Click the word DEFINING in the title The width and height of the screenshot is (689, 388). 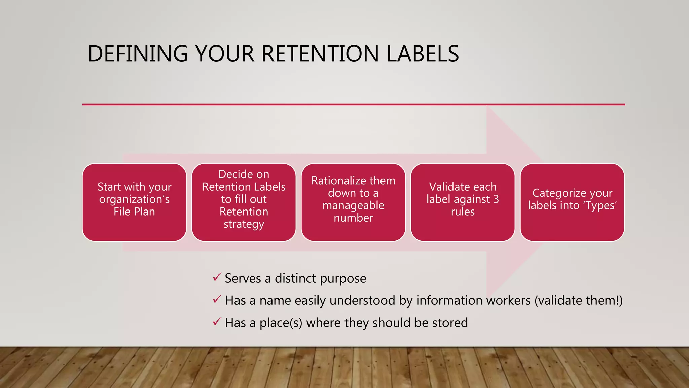pyautogui.click(x=138, y=54)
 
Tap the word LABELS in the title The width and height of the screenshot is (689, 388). pyautogui.click(x=423, y=54)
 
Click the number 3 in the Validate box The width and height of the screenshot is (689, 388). pyautogui.click(x=496, y=199)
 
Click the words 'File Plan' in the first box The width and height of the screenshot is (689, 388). pyautogui.click(x=134, y=212)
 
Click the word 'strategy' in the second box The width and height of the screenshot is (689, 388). pyautogui.click(x=244, y=224)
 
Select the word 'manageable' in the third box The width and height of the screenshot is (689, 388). pyautogui.click(x=353, y=205)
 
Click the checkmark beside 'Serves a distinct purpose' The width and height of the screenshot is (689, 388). pyautogui.click(x=217, y=278)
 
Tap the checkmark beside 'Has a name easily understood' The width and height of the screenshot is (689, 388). pyautogui.click(x=217, y=299)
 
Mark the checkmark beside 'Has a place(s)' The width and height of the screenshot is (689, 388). pyautogui.click(x=217, y=322)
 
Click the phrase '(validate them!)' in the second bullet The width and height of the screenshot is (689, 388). pyautogui.click(x=578, y=300)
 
